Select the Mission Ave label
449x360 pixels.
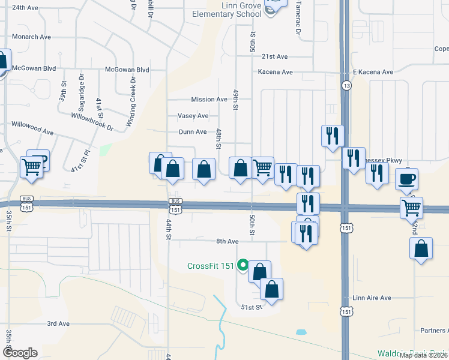click(209, 99)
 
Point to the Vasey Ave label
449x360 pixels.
click(193, 115)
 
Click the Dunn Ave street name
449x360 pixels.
click(193, 132)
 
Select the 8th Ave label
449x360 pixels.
click(228, 241)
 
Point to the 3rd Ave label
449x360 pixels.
click(58, 323)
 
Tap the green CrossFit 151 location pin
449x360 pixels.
click(243, 264)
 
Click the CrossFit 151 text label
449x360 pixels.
click(210, 266)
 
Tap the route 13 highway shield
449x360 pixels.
click(346, 86)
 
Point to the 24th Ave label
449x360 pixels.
click(25, 8)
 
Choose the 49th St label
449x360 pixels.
click(237, 101)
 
